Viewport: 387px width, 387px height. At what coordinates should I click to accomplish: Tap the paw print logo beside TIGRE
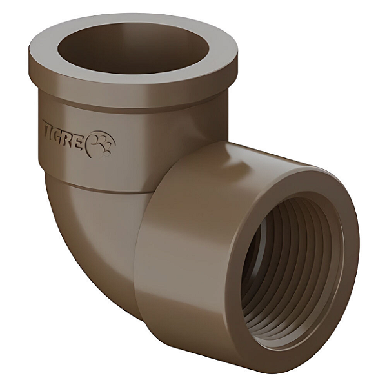102,144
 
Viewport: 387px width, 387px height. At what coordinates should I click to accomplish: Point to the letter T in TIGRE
47,127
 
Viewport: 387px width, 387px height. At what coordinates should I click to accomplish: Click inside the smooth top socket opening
134,48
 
